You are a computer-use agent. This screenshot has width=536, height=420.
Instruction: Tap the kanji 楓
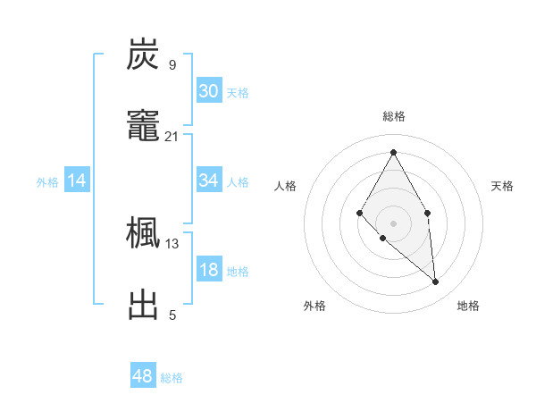(x=143, y=233)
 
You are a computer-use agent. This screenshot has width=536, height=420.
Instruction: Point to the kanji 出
(x=143, y=304)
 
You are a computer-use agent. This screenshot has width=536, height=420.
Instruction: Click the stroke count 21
(x=172, y=136)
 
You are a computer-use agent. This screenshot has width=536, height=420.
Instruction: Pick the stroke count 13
(x=172, y=243)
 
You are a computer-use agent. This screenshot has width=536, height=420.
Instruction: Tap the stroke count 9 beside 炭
(x=172, y=64)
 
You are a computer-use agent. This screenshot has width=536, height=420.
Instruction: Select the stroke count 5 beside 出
(x=172, y=315)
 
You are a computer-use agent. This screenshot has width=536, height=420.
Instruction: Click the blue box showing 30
(x=209, y=90)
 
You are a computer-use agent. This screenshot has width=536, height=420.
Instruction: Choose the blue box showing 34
(x=209, y=181)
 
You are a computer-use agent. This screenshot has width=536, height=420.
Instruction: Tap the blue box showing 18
(x=209, y=270)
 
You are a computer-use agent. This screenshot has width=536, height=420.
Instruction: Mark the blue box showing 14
(x=77, y=181)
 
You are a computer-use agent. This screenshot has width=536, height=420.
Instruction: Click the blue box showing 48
(x=143, y=376)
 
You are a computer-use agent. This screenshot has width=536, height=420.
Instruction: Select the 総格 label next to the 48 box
(x=172, y=378)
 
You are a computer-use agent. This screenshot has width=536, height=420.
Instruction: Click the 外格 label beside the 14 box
(x=47, y=182)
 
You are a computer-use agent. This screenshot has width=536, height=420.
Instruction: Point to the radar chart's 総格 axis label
(x=393, y=116)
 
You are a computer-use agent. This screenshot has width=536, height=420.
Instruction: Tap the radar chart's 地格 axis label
(x=468, y=306)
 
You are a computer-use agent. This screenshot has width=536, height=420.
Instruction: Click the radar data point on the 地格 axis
(x=436, y=282)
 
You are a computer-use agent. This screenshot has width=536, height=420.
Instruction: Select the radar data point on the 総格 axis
(x=393, y=152)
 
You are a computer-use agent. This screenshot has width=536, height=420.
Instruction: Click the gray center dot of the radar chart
(x=393, y=223)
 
